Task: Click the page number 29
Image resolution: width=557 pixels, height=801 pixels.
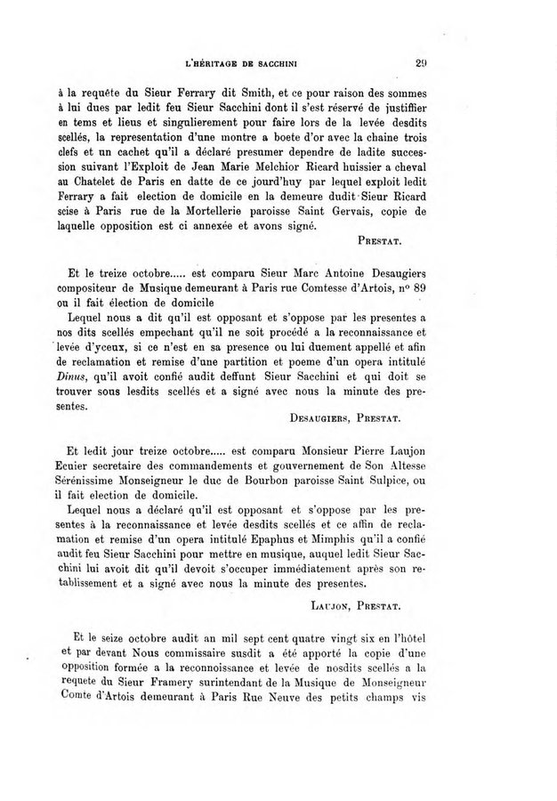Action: (x=422, y=63)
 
